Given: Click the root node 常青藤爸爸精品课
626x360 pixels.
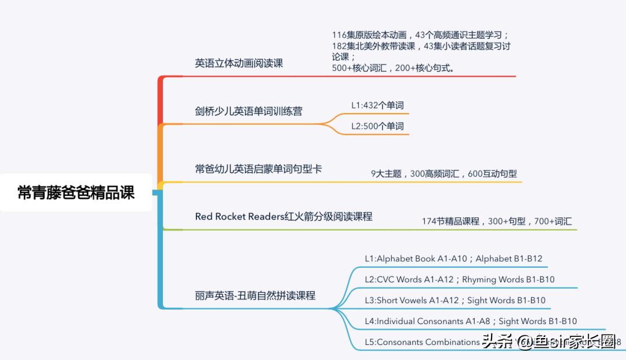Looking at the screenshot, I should click(76, 192).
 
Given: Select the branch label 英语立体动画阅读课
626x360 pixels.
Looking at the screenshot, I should click(239, 63).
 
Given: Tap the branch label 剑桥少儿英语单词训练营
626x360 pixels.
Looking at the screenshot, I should click(249, 111).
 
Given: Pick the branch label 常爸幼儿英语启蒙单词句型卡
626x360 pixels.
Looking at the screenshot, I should click(259, 169).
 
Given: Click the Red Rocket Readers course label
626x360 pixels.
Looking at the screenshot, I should click(283, 216).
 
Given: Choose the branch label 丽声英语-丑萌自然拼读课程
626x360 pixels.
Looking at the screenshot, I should click(255, 295).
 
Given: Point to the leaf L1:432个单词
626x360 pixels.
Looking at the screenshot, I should click(377, 105).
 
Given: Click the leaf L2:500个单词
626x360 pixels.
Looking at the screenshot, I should click(377, 126).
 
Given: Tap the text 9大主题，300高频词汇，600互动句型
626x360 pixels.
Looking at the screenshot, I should click(443, 173).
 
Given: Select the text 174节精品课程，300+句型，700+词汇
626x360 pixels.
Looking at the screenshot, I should click(497, 221).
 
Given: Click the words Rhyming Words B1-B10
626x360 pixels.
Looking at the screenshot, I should click(508, 279).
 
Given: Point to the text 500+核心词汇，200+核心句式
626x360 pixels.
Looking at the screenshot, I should click(394, 68).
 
